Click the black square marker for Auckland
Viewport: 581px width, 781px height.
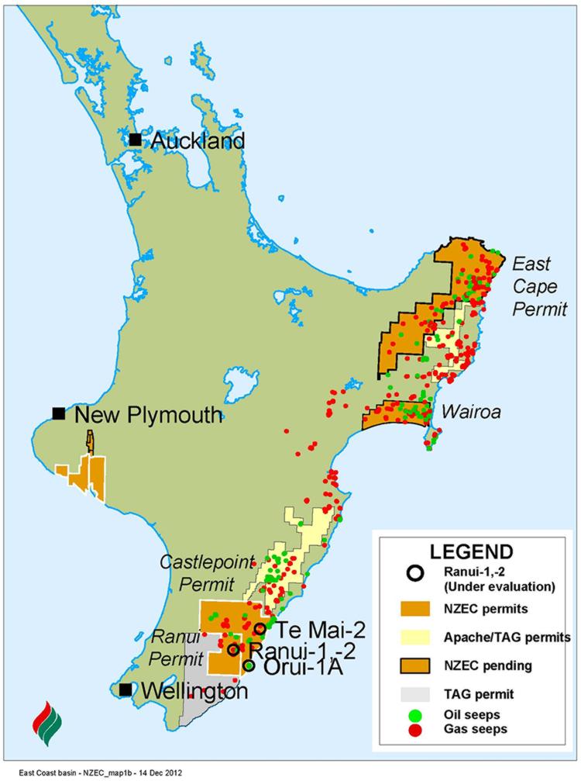(136, 140)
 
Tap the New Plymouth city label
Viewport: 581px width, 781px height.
(148, 415)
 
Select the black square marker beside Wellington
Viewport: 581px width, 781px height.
(125, 689)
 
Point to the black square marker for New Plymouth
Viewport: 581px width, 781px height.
(59, 414)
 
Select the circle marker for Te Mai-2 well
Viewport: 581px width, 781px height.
(260, 628)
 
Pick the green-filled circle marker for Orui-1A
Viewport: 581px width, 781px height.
(249, 665)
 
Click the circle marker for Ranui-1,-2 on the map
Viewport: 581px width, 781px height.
(232, 649)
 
